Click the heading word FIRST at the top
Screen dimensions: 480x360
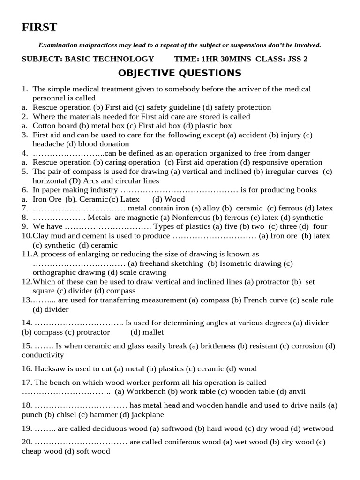click(x=39, y=28)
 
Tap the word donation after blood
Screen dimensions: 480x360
click(x=114, y=144)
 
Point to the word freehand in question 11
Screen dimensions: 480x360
click(x=155, y=263)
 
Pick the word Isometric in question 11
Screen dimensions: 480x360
click(x=234, y=263)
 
